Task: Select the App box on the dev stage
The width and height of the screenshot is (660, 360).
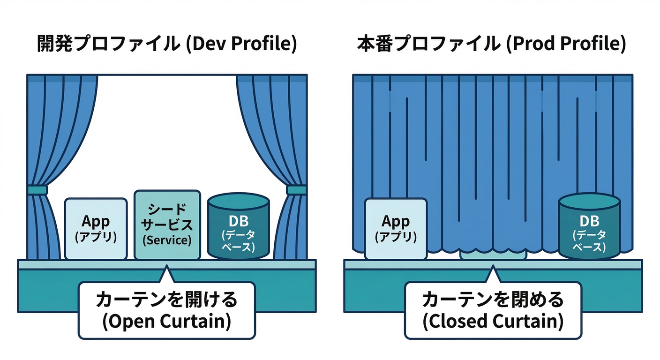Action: pyautogui.click(x=96, y=229)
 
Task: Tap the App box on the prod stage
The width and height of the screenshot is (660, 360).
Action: pyautogui.click(x=396, y=229)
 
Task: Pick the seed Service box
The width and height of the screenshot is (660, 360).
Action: pyautogui.click(x=167, y=225)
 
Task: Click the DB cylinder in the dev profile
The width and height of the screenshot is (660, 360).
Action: pyautogui.click(x=239, y=227)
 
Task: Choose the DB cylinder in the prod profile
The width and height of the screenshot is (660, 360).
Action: pyautogui.click(x=589, y=227)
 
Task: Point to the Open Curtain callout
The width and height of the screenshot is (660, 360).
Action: pyautogui.click(x=166, y=310)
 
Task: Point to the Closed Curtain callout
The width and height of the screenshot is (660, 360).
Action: pyautogui.click(x=493, y=310)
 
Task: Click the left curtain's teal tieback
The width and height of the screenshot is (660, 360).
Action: pyautogui.click(x=37, y=190)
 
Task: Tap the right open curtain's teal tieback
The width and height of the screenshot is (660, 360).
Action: pyautogui.click(x=296, y=190)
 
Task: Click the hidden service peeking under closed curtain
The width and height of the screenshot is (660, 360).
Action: pyautogui.click(x=493, y=255)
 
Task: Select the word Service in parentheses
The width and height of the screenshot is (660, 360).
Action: pyautogui.click(x=167, y=240)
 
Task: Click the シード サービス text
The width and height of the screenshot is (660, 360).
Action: pyautogui.click(x=167, y=217)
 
